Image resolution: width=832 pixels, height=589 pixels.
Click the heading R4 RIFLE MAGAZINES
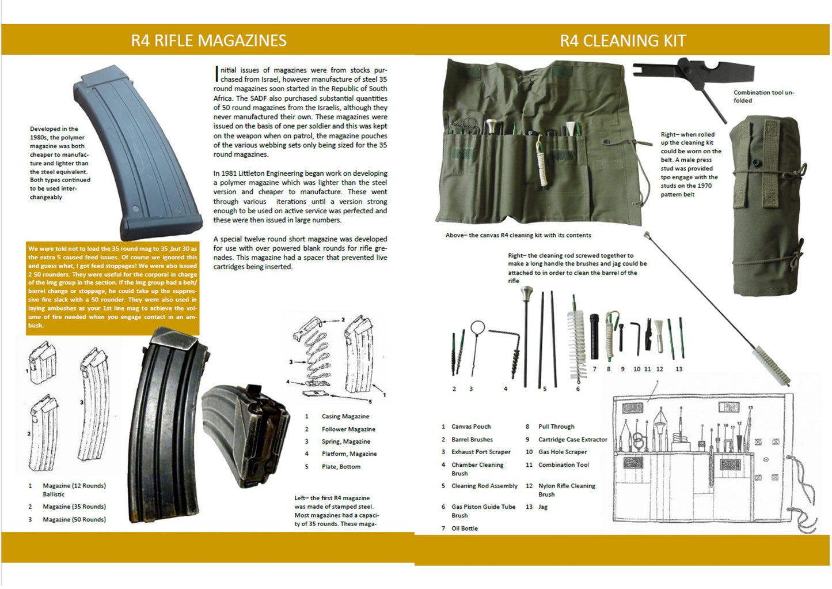tap(208, 40)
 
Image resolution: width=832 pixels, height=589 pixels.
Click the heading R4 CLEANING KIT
tap(622, 41)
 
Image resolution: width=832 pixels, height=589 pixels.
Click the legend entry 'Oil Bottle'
tap(464, 528)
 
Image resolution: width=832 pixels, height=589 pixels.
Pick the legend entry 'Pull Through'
tap(556, 427)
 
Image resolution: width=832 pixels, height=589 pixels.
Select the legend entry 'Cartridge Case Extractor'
tap(572, 440)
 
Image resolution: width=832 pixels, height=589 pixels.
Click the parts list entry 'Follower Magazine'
tap(348, 429)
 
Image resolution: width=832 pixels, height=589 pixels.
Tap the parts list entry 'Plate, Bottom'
tap(341, 467)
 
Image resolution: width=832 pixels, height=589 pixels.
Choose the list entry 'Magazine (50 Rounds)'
tap(74, 520)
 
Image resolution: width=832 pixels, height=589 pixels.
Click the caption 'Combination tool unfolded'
tap(763, 96)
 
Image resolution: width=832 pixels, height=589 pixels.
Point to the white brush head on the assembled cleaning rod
tap(772, 365)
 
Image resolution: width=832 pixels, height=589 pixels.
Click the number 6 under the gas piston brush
tap(578, 389)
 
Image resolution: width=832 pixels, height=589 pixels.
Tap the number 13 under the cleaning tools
tap(678, 369)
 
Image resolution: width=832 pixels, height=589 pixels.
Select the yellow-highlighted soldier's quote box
tap(112, 287)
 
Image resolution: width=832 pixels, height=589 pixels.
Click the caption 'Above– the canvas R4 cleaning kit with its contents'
tap(518, 235)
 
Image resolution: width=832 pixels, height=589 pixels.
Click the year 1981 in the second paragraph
tap(230, 173)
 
